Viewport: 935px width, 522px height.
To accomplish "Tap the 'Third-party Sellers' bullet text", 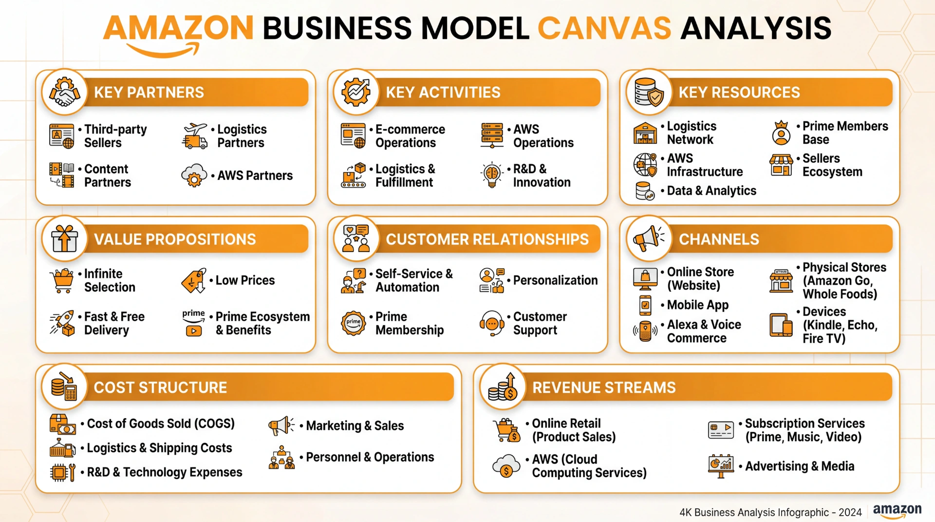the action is (x=115, y=136).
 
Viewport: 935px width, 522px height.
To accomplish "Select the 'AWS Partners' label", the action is (x=255, y=175).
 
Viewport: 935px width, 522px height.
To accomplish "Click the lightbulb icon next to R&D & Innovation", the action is (x=492, y=175).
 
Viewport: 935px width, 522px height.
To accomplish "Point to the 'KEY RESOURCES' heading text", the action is (x=739, y=92).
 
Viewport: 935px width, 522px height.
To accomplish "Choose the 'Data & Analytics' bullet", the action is (x=711, y=191).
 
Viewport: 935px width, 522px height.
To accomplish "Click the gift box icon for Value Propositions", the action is (x=65, y=239).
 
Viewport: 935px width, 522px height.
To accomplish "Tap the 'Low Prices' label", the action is (x=245, y=280).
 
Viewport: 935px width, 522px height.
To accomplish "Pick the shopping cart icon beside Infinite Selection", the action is (x=62, y=281).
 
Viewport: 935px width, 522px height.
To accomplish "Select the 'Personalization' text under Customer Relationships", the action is (x=555, y=280).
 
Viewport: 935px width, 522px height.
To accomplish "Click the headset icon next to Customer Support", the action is (x=492, y=323).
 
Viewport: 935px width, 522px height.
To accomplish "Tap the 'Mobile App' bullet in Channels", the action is (x=698, y=305).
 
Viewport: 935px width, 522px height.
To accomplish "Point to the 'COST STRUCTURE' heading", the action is (x=160, y=387).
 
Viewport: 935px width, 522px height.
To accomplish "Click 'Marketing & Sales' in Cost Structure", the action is (x=355, y=426).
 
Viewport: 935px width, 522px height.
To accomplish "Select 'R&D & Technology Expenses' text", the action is (x=165, y=472).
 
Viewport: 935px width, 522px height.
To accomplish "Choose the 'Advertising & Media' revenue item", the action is (x=800, y=466).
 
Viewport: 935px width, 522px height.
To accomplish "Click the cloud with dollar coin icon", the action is (x=506, y=466).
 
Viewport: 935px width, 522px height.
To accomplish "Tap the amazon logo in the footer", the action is (x=897, y=511).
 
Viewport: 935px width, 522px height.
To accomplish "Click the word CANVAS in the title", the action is (x=604, y=28).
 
